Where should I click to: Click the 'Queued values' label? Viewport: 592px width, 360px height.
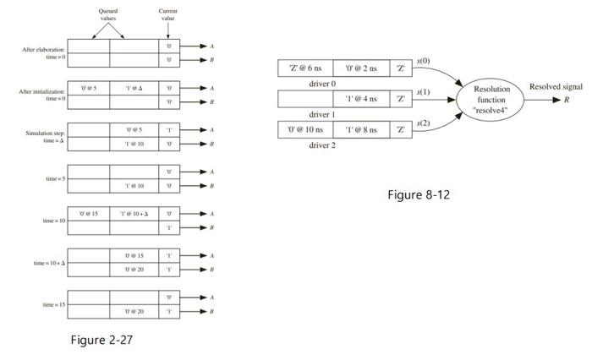click(x=109, y=14)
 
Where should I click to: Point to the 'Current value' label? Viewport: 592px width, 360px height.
click(x=168, y=14)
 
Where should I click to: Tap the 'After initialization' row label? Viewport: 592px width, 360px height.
click(x=43, y=94)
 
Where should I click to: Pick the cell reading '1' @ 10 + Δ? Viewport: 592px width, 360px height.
click(x=134, y=214)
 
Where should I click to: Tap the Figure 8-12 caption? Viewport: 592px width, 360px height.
click(x=419, y=195)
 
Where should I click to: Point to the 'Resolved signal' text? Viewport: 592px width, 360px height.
click(x=555, y=87)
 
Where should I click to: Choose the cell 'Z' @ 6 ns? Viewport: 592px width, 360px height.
click(x=305, y=68)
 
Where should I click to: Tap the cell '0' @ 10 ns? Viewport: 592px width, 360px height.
click(x=305, y=129)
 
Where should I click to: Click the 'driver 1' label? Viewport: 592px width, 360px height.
click(x=322, y=114)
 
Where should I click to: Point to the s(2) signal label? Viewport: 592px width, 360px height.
click(x=424, y=123)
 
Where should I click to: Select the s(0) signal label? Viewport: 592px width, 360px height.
click(x=424, y=61)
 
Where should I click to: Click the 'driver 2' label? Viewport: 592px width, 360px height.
click(x=322, y=145)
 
